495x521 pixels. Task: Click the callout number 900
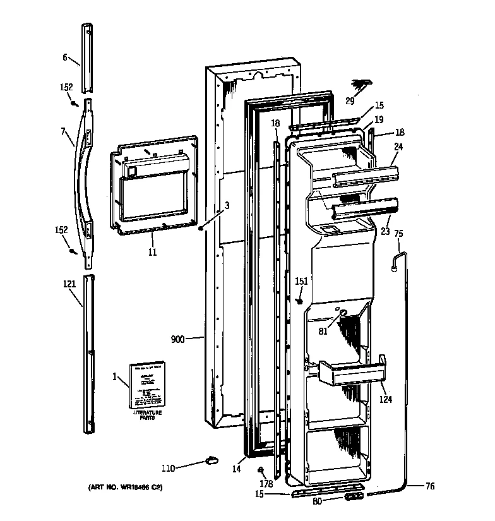pos(177,339)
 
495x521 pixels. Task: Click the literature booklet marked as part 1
pos(146,385)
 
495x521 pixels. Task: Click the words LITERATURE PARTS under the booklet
pos(146,416)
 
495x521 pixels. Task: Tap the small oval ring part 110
pos(210,460)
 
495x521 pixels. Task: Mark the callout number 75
pos(398,233)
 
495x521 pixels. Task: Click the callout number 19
pos(379,119)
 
